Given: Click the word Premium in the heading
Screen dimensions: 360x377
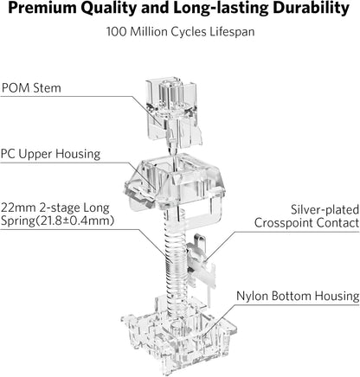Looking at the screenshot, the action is (x=42, y=8).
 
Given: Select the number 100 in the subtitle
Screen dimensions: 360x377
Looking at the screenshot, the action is (x=117, y=31).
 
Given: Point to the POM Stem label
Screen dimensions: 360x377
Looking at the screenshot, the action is (x=31, y=87).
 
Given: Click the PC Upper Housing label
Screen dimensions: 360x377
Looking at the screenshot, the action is (x=50, y=154).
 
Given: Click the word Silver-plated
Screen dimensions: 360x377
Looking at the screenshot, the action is (x=325, y=209).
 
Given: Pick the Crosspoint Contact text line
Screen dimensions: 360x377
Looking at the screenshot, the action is (x=306, y=223).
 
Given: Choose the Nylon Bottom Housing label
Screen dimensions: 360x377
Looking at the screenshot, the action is (x=298, y=296).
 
